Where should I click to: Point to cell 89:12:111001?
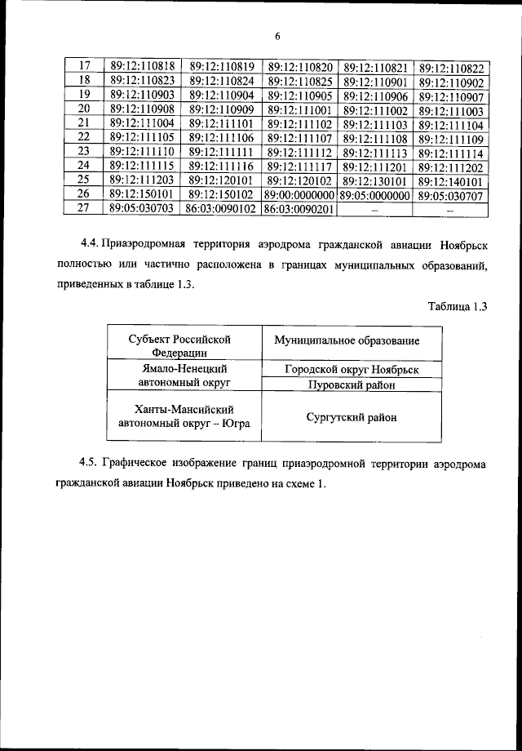299,110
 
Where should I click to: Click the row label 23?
83,152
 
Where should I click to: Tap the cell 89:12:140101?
450,180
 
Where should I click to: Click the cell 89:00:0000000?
299,195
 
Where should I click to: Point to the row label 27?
83,209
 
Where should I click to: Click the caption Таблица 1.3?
457,306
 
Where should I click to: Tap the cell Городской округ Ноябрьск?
352,369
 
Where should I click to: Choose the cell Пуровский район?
352,384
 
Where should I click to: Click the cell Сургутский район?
352,416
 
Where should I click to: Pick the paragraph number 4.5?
91,464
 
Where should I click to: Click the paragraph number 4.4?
91,244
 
